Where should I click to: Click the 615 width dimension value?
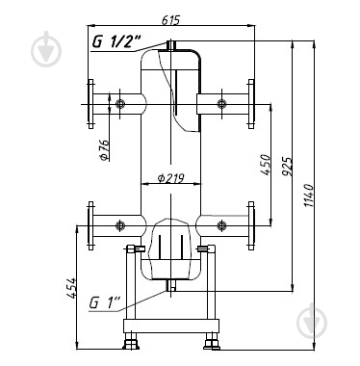pyautogui.click(x=171, y=19)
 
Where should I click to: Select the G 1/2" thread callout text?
pyautogui.click(x=116, y=41)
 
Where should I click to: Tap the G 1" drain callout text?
pyautogui.click(x=104, y=302)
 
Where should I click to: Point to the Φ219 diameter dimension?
pyautogui.click(x=171, y=177)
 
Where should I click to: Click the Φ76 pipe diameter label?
pyautogui.click(x=105, y=150)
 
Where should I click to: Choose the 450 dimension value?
pyautogui.click(x=266, y=165)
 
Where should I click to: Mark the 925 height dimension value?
pyautogui.click(x=287, y=167)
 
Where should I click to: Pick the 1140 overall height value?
pyautogui.click(x=308, y=196)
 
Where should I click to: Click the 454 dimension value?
pyautogui.click(x=71, y=288)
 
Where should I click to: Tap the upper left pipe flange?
pyautogui.click(x=90, y=104)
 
